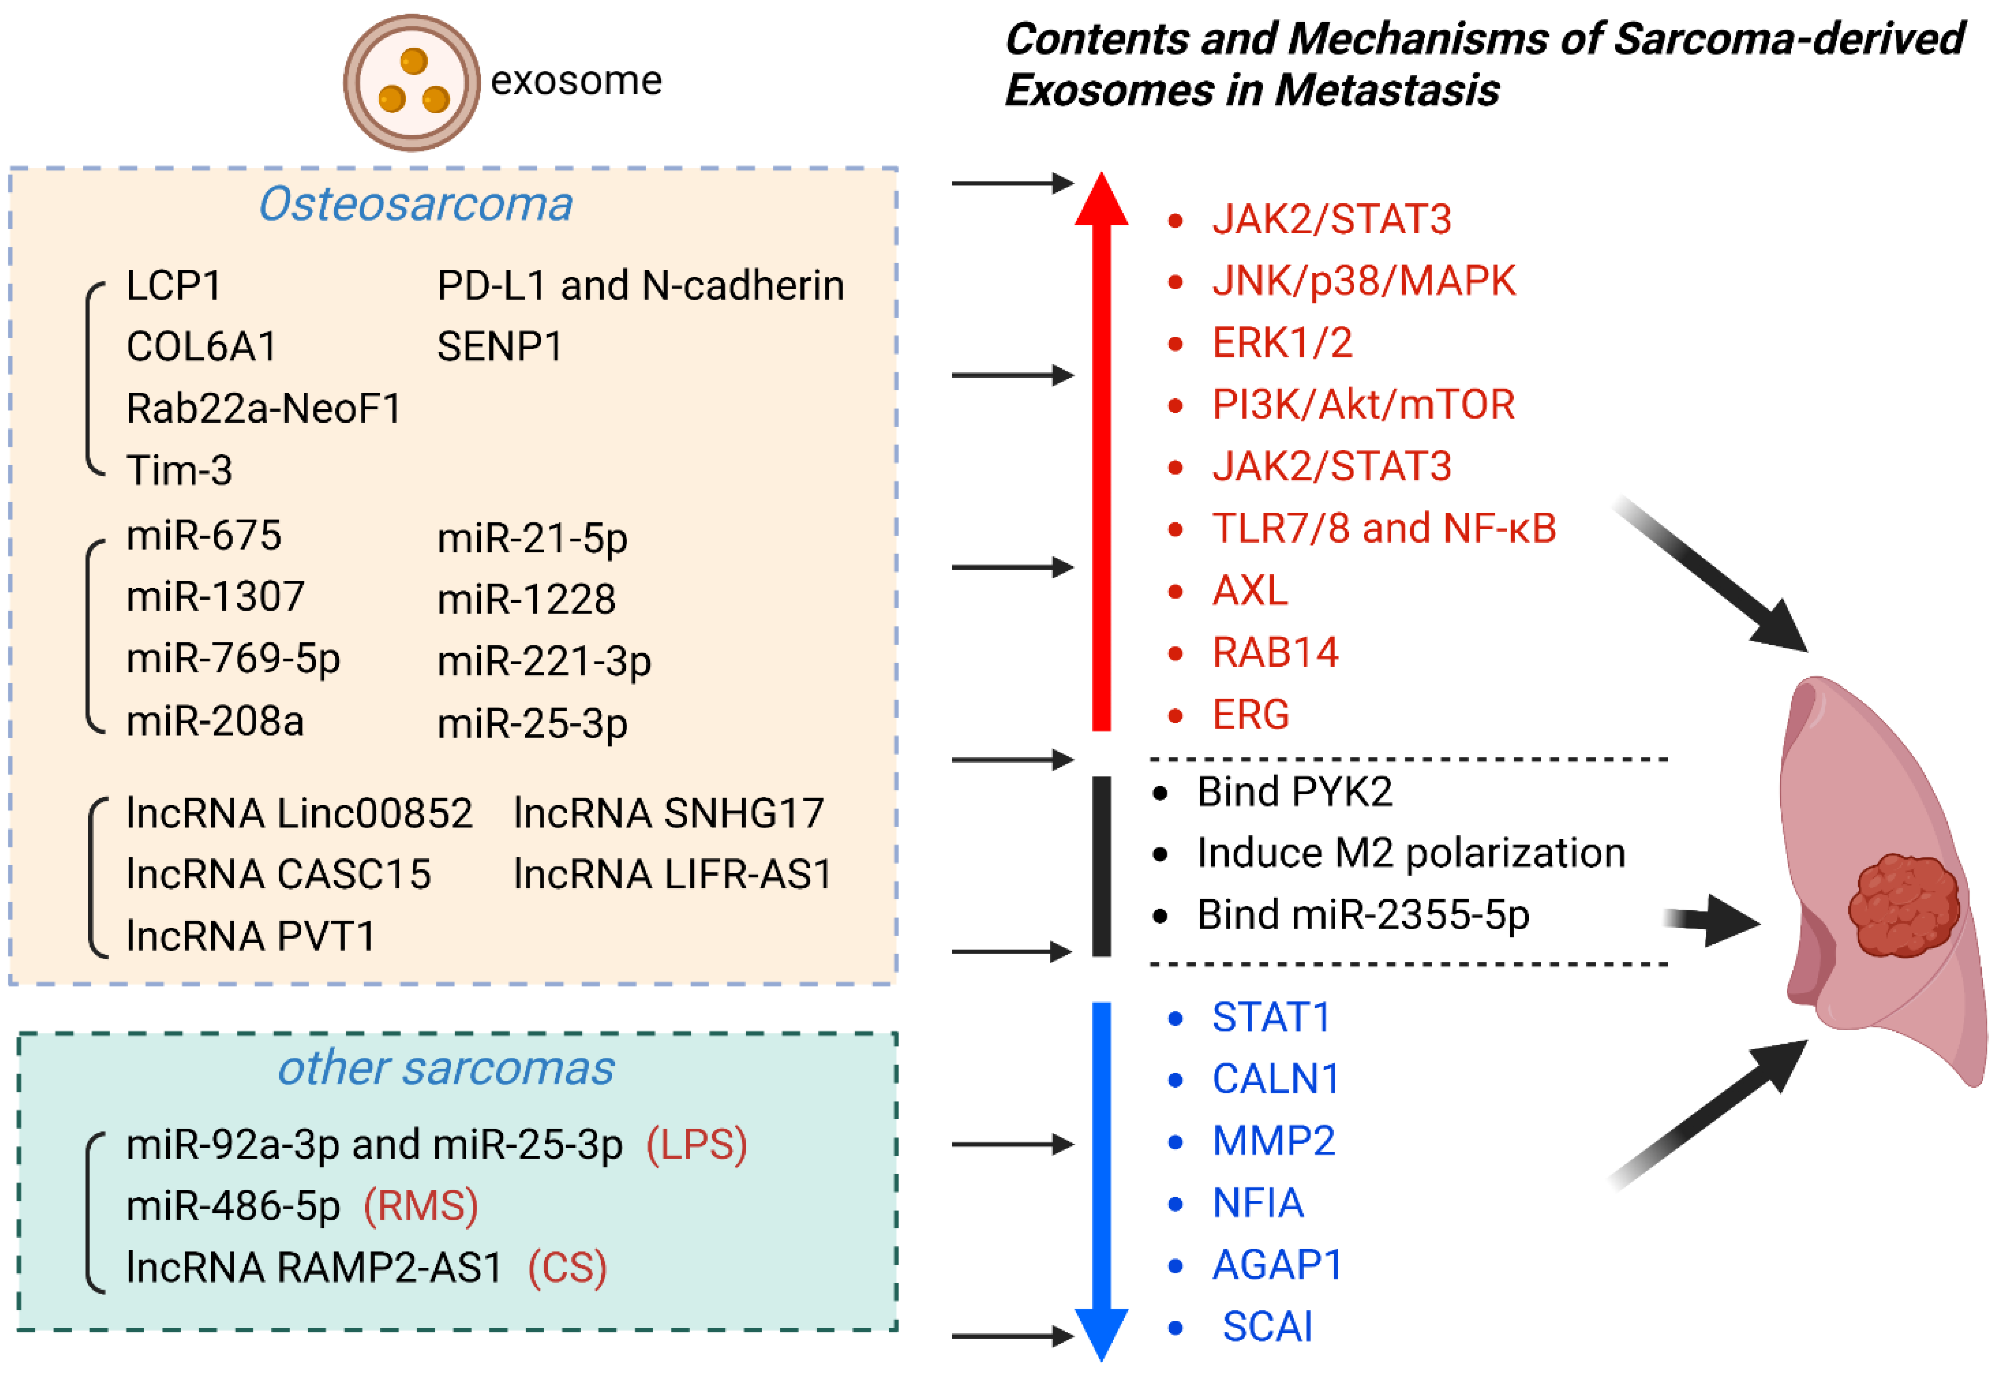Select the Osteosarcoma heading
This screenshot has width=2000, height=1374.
[x=416, y=205]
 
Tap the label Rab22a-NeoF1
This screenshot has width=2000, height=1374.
[x=264, y=409]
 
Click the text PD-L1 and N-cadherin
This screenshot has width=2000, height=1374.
[x=640, y=286]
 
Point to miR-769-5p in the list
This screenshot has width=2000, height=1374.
[x=233, y=659]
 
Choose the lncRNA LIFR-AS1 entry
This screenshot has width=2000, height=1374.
[x=672, y=875]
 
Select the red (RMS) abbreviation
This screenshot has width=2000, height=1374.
[x=420, y=1206]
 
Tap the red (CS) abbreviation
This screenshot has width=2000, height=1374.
[x=567, y=1268]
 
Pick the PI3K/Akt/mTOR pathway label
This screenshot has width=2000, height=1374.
[x=1363, y=405]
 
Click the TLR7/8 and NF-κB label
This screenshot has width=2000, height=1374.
[x=1384, y=528]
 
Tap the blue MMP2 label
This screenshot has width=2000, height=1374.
[x=1274, y=1141]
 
